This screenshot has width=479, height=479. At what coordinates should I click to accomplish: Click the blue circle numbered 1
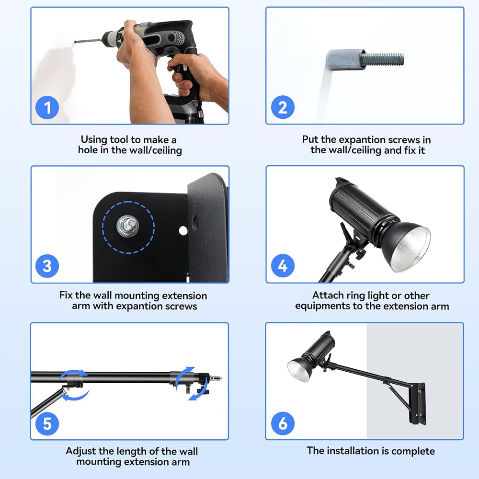tap(47, 107)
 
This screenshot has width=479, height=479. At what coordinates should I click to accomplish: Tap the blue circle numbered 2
tap(283, 107)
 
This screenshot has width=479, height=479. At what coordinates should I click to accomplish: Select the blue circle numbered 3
tap(47, 266)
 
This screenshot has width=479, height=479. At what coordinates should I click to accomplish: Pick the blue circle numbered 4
tap(283, 266)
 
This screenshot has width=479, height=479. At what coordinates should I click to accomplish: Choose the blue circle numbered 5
tap(47, 424)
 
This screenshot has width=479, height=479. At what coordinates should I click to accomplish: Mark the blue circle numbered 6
tap(283, 424)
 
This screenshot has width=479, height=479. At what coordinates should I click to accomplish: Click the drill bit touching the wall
tap(88, 41)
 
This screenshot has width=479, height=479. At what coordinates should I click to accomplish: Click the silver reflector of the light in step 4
tap(411, 248)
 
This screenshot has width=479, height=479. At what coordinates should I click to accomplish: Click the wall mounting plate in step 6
tap(418, 403)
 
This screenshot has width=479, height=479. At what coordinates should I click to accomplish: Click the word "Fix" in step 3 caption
tap(66, 296)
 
